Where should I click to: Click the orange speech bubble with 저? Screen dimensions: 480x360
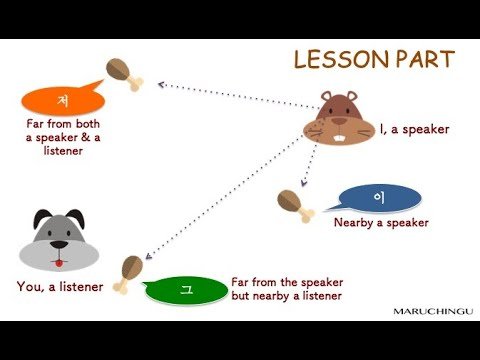click(63, 100)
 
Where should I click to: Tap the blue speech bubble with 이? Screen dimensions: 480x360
click(377, 198)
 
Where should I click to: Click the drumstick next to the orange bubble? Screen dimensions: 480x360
click(124, 74)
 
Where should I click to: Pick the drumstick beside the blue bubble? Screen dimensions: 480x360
click(295, 206)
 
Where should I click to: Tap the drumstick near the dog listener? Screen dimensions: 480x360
click(128, 274)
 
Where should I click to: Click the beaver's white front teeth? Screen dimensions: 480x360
click(339, 138)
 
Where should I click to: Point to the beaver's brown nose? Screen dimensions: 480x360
click(339, 121)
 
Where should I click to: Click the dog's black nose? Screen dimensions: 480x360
click(59, 245)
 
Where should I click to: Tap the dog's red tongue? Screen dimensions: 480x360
click(59, 263)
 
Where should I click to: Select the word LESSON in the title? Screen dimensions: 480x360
click(341, 60)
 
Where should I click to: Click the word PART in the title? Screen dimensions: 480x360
click(425, 60)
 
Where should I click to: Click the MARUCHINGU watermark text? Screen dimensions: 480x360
click(433, 312)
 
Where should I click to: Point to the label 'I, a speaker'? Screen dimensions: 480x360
click(415, 129)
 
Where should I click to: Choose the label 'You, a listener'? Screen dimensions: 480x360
click(60, 287)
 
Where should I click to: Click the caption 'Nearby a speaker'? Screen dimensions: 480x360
click(381, 223)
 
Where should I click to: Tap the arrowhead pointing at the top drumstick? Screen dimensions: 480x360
click(161, 85)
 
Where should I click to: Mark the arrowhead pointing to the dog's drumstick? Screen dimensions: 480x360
click(148, 256)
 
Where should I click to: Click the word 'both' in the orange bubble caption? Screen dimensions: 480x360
click(88, 124)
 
